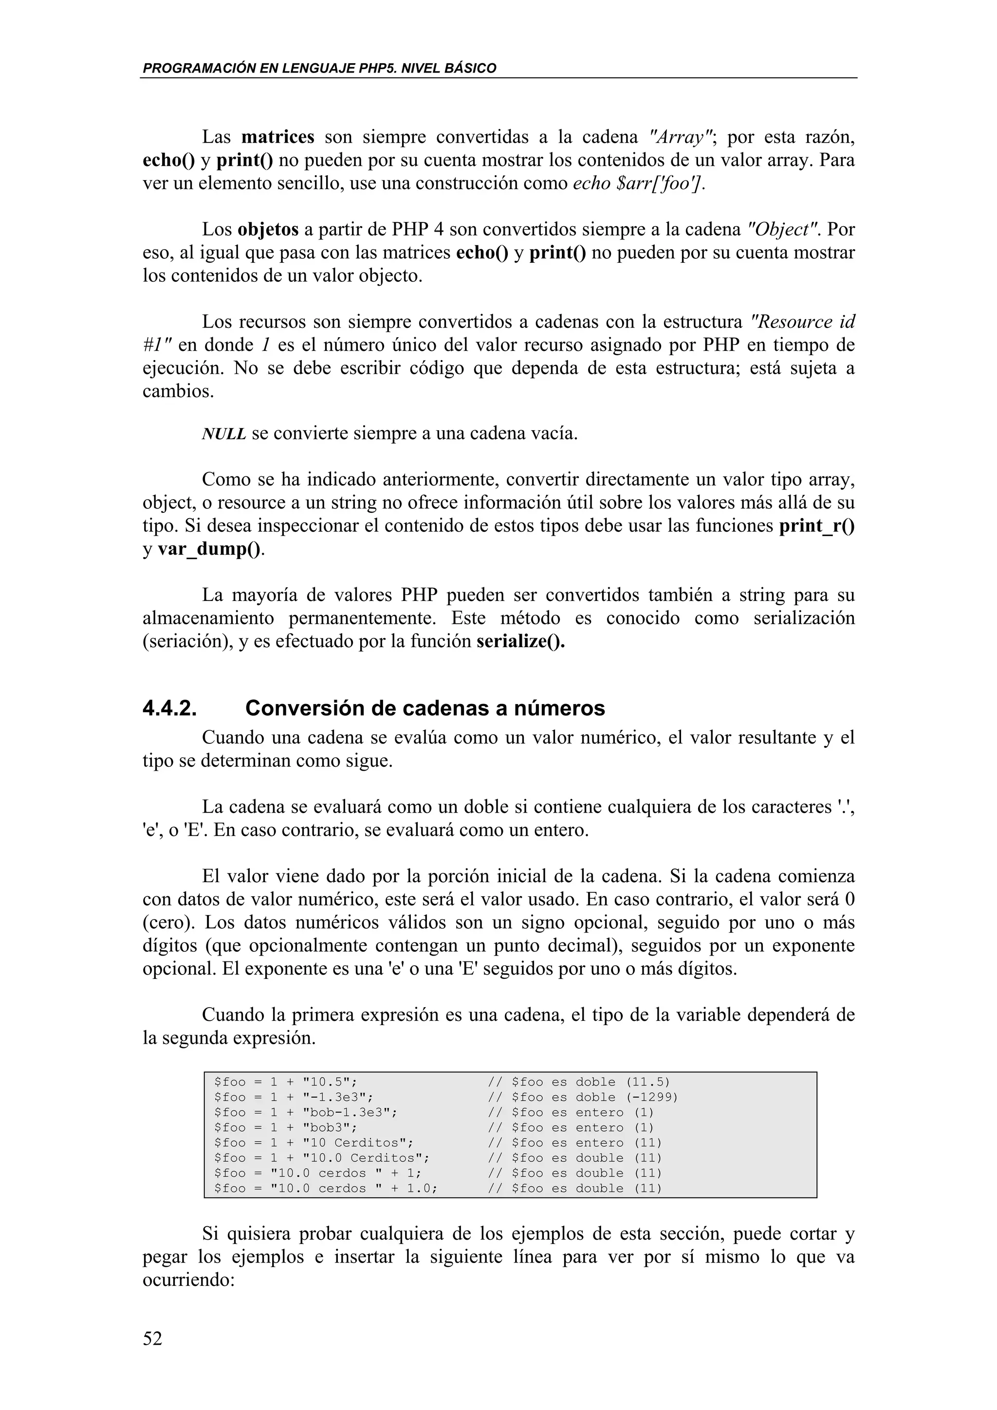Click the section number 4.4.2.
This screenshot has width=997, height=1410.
pos(170,709)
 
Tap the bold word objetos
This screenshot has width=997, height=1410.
pos(268,229)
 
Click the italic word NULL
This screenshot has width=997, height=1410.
pos(223,434)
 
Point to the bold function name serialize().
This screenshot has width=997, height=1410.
pos(521,641)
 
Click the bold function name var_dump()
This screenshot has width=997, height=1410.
pos(209,548)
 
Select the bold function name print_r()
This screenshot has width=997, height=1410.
pos(816,525)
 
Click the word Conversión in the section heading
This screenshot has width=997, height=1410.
pos(303,709)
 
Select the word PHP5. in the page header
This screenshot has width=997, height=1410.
pos(377,68)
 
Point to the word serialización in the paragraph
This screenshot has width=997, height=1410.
pos(804,618)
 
